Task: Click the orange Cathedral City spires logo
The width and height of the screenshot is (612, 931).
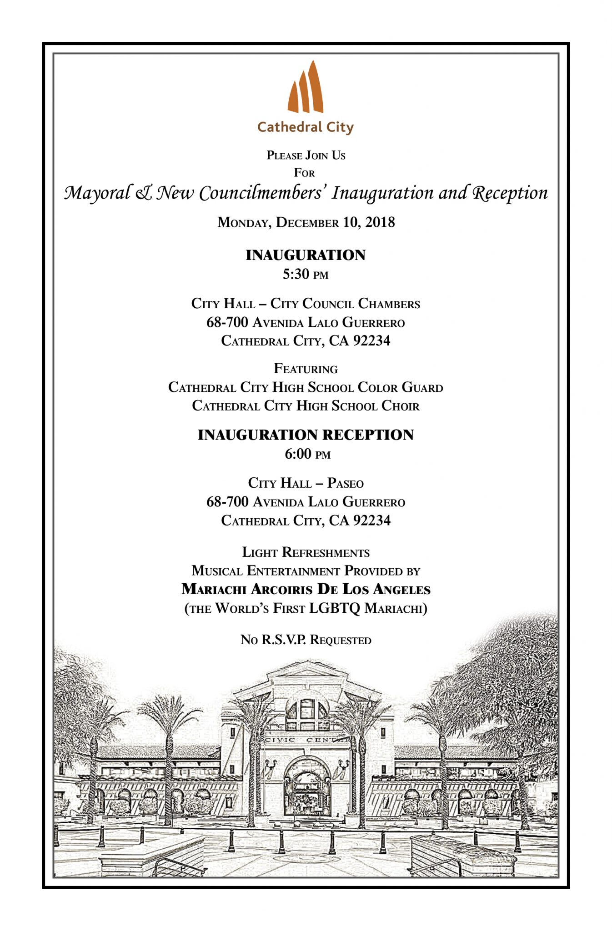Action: click(306, 88)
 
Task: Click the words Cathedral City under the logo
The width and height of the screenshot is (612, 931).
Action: click(306, 127)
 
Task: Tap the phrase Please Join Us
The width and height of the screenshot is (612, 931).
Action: click(306, 155)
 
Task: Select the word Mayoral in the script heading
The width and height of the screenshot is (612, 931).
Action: click(97, 193)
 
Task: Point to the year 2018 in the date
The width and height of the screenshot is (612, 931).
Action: click(380, 222)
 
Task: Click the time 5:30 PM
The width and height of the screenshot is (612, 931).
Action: click(306, 274)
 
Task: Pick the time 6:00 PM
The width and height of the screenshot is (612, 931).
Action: click(307, 454)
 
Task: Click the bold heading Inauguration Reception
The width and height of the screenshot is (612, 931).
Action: click(306, 435)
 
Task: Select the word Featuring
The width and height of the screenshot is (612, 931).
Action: click(306, 369)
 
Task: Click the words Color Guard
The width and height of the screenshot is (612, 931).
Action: click(400, 387)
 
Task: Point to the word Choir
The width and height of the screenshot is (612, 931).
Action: click(400, 405)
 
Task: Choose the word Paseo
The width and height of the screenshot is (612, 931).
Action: click(346, 483)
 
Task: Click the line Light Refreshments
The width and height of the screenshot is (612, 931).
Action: click(306, 552)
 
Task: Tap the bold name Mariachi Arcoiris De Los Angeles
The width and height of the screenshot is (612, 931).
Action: click(306, 590)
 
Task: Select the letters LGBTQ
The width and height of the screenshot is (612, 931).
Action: click(335, 608)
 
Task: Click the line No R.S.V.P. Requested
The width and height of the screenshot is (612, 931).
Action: click(306, 640)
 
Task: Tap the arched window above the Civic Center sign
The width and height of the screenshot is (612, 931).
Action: click(307, 710)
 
